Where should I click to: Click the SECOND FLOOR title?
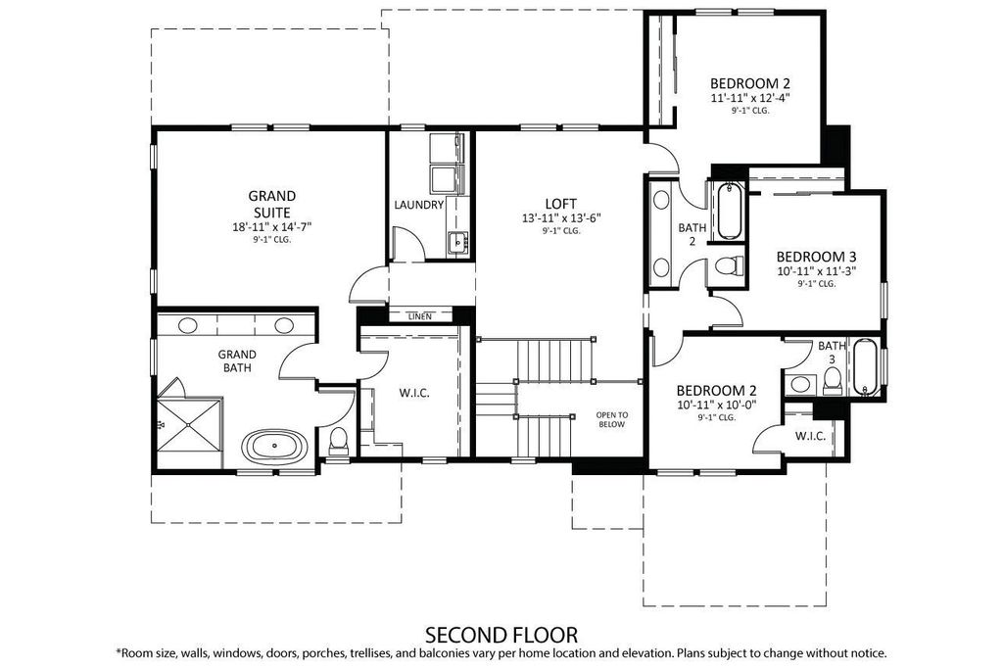[x=501, y=635]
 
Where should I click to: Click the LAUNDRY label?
[x=419, y=205]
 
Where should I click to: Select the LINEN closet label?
[x=419, y=316]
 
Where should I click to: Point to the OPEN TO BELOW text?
[x=612, y=419]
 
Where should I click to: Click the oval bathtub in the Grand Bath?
[x=274, y=445]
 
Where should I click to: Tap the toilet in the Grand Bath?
[x=338, y=441]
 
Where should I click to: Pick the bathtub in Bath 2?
[x=729, y=211]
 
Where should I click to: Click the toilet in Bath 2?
[x=728, y=264]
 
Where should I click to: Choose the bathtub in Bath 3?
[x=865, y=367]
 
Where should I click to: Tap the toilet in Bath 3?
[x=833, y=381]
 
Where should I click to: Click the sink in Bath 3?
[x=799, y=384]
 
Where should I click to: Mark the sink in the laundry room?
[x=458, y=242]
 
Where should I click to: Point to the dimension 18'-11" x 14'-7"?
[x=272, y=226]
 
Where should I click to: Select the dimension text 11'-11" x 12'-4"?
[x=750, y=98]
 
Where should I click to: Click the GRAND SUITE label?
[x=272, y=204]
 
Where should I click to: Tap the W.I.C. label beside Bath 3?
[x=810, y=436]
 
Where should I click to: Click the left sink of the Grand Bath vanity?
[x=187, y=325]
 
